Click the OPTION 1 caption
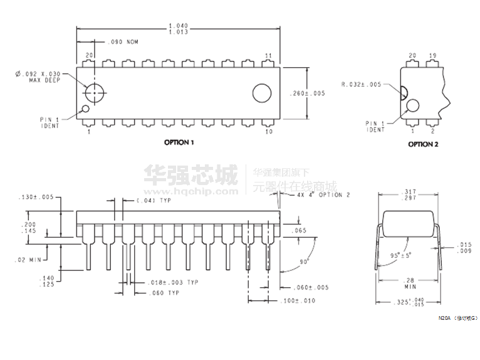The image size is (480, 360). (x=179, y=142)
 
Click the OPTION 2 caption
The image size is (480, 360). (x=423, y=144)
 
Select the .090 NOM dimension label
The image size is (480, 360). (x=123, y=42)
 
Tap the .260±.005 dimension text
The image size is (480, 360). (x=307, y=93)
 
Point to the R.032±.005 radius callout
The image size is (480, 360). (x=361, y=84)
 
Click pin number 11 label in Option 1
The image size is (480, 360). (x=268, y=55)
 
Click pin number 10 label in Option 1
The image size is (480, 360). (x=268, y=132)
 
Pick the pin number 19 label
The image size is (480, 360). (x=432, y=55)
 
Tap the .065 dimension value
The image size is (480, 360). (x=299, y=231)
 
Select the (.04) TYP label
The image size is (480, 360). (x=154, y=201)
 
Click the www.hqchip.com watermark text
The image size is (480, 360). (x=190, y=192)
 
